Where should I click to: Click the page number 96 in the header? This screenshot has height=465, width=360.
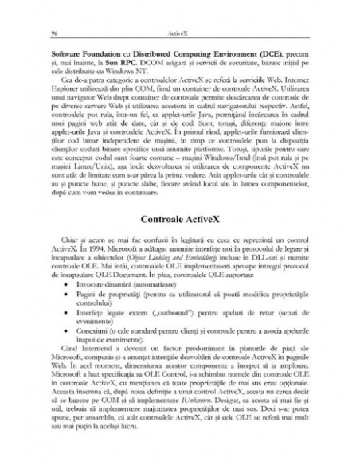[53, 33]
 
